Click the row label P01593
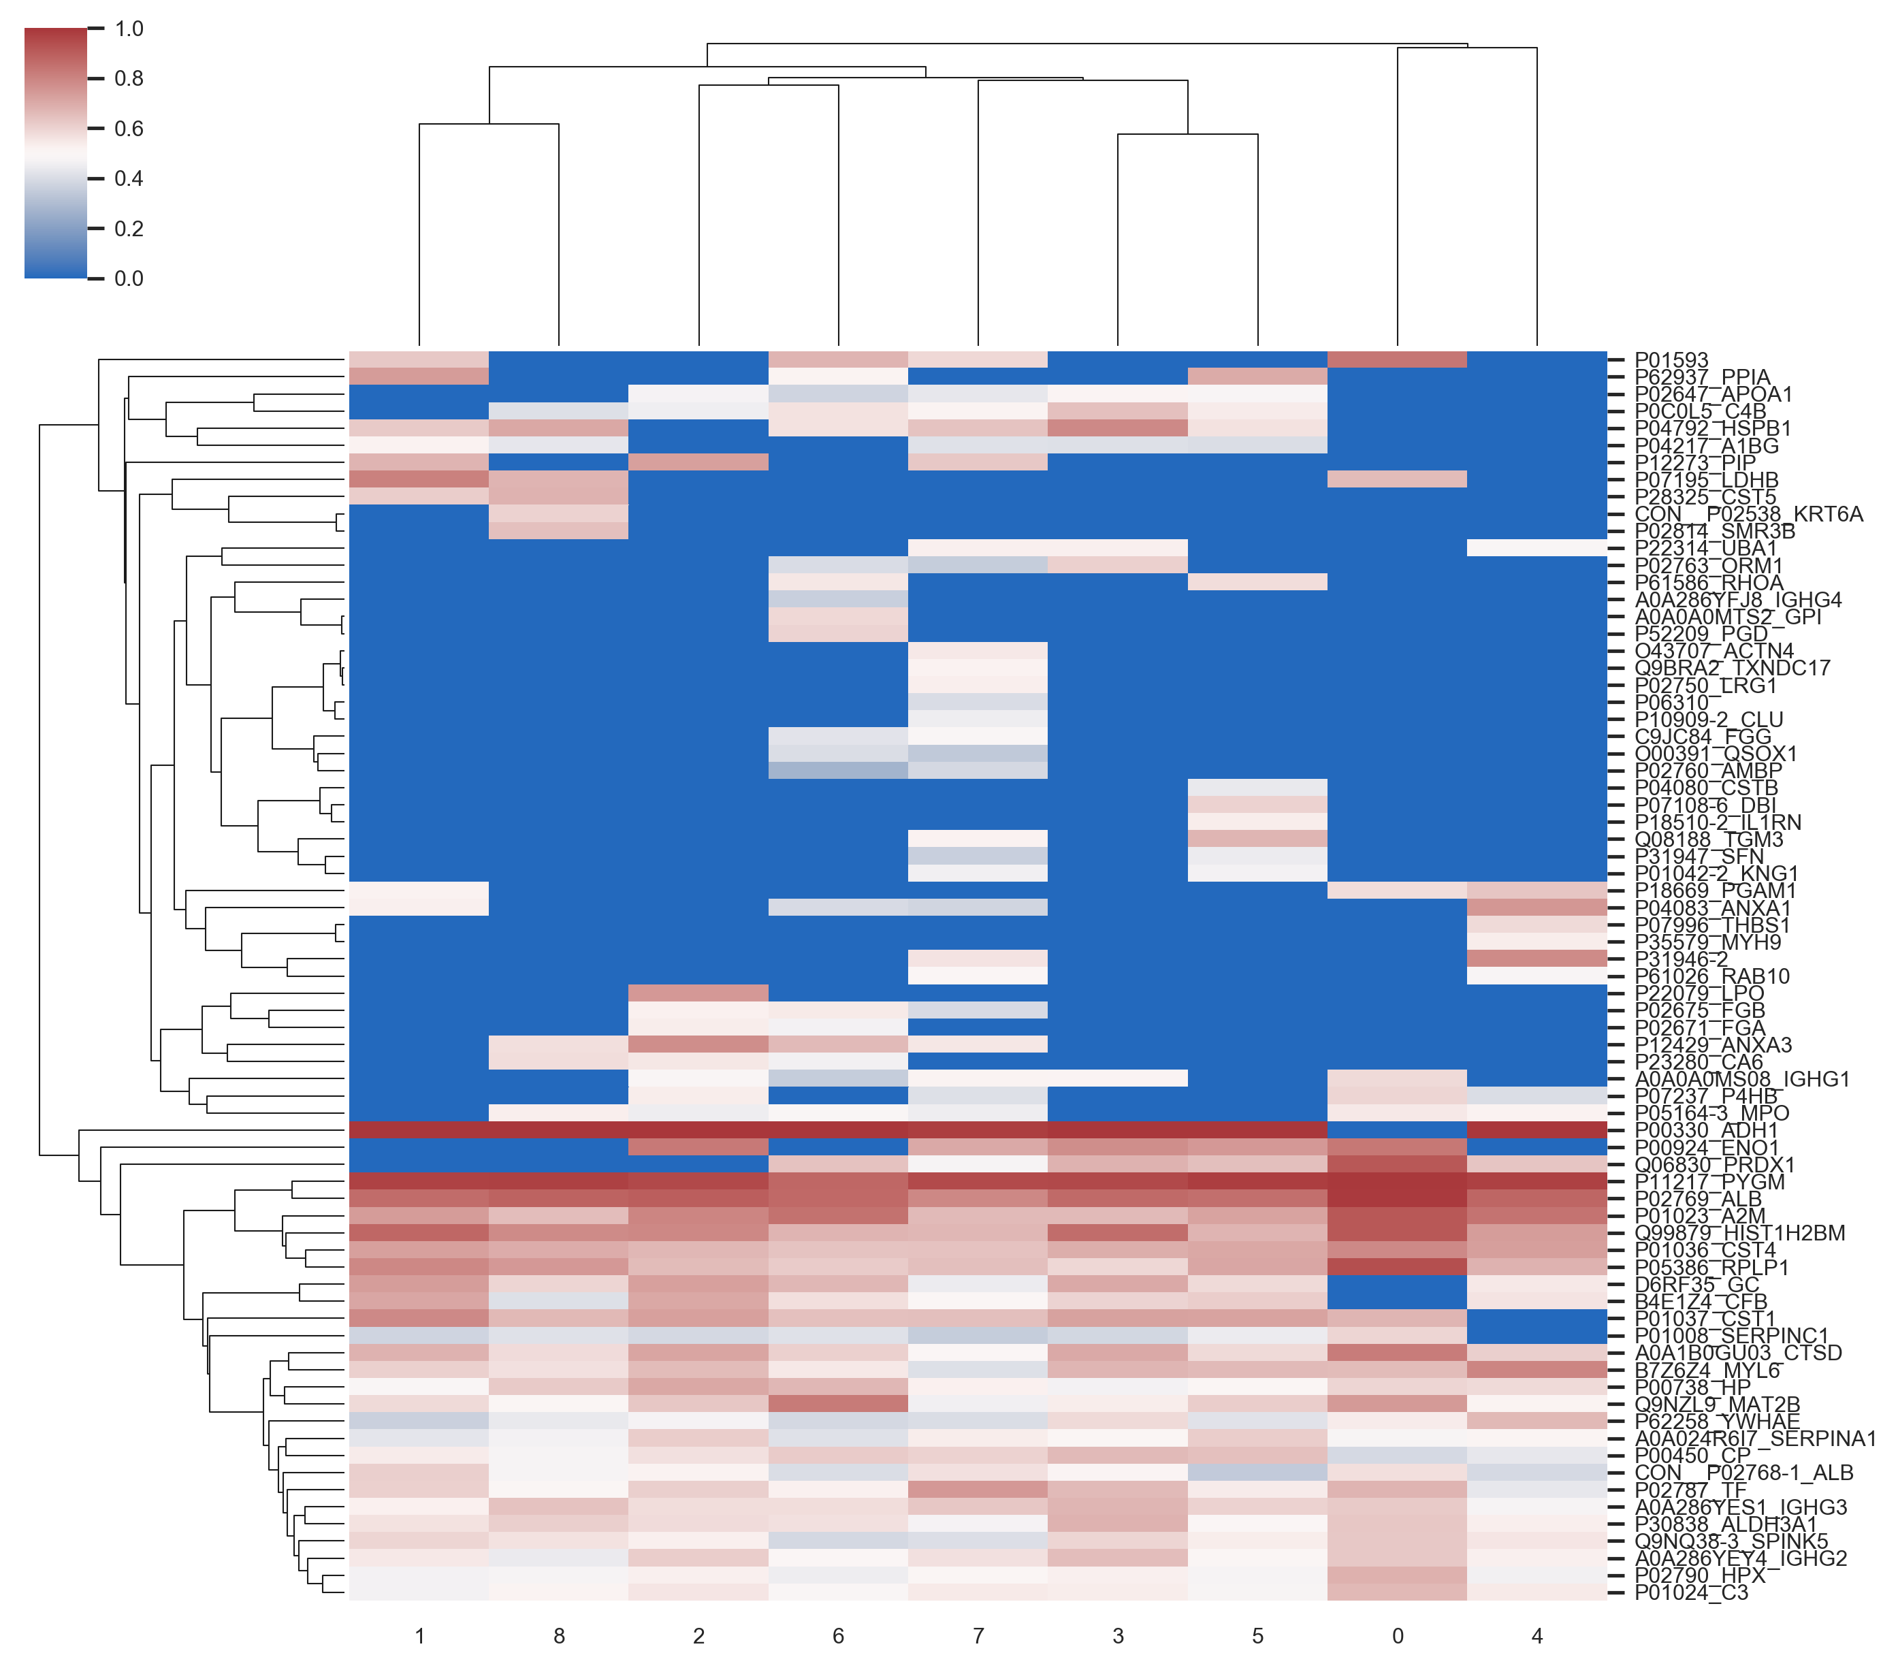coord(1671,360)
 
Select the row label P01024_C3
coord(1691,1593)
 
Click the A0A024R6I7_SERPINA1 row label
coord(1755,1439)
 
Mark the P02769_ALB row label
coord(1697,1199)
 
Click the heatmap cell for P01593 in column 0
coord(1398,359)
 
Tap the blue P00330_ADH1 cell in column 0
coord(1398,1130)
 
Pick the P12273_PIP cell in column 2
coord(698,462)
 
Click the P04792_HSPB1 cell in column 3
coord(1117,428)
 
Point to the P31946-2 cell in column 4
coord(1537,959)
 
